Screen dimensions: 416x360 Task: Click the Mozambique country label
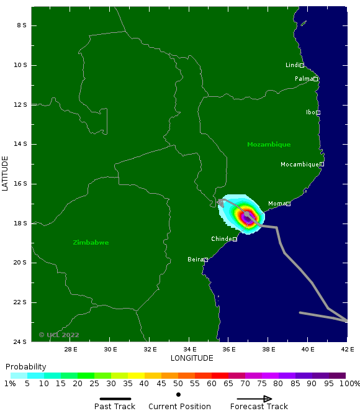coord(269,145)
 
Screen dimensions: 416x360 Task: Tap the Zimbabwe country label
coord(91,243)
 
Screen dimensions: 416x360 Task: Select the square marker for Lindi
coord(302,65)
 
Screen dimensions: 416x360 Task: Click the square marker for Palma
coord(315,79)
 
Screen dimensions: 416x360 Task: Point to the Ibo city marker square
coord(318,112)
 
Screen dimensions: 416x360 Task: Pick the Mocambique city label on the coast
coord(299,165)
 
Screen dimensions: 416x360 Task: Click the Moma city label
coord(276,204)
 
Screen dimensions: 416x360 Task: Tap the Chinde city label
coord(221,239)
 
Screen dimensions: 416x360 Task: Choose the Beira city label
coord(195,260)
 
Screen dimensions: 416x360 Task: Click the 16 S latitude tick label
coord(21,184)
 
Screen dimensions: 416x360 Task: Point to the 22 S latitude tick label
coord(21,302)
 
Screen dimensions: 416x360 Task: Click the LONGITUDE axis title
coord(192,358)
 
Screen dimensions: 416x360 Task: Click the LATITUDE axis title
coord(6,173)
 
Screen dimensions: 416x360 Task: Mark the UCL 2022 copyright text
coord(59,335)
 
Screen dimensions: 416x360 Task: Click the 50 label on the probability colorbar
coord(178,384)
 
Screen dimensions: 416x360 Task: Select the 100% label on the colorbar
coord(350,384)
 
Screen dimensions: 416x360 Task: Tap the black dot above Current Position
coord(179,394)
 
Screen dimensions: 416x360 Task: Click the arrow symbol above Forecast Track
coord(255,399)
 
